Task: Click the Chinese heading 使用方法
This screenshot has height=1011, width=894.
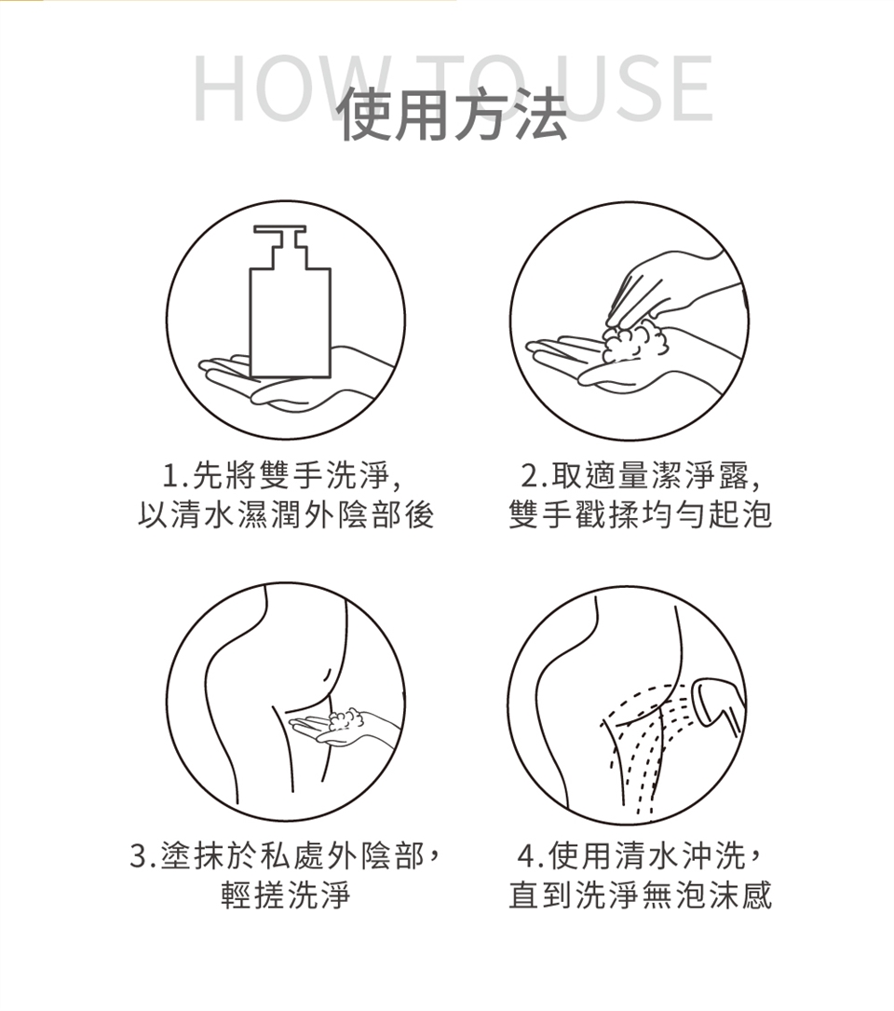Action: coord(454,115)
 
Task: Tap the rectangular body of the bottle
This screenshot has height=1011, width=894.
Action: coord(290,322)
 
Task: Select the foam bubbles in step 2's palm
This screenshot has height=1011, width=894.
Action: coord(633,344)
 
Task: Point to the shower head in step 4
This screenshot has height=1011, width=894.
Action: coord(715,703)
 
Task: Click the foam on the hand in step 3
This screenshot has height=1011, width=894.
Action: coord(345,718)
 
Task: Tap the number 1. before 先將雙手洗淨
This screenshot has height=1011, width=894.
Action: coord(173,476)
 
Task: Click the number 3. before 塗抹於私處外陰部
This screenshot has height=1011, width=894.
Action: coord(143,856)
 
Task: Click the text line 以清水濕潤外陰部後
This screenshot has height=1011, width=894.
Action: coord(286,515)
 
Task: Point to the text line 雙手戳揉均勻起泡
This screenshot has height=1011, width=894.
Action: coord(640,515)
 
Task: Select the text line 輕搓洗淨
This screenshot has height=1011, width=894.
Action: coord(286,895)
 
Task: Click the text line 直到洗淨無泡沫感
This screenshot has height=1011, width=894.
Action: coord(640,895)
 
